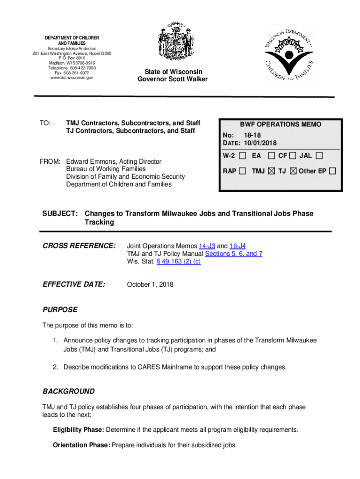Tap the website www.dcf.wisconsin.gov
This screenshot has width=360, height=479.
click(x=72, y=78)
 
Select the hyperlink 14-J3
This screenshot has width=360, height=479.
click(x=207, y=246)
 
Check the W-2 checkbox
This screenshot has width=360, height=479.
click(x=242, y=155)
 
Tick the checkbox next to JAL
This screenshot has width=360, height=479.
click(x=319, y=155)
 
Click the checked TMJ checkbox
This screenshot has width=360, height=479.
click(x=272, y=171)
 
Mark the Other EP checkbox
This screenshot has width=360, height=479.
click(x=332, y=171)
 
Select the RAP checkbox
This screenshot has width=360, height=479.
click(x=242, y=171)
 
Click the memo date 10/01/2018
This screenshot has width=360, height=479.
click(x=259, y=142)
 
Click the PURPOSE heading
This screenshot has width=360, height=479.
click(x=60, y=310)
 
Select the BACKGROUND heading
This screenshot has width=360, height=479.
click(x=68, y=391)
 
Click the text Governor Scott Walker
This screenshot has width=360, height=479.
click(x=173, y=79)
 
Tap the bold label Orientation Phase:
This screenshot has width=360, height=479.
click(x=81, y=445)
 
